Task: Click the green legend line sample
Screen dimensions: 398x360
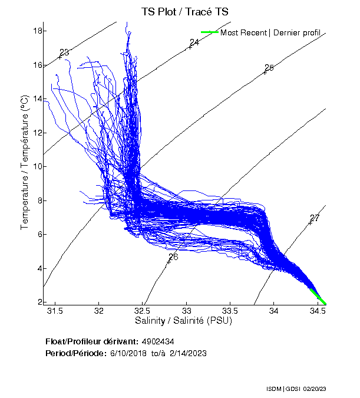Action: point(210,32)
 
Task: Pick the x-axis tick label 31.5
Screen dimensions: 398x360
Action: point(55,311)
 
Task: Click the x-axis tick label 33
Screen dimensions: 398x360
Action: point(187,311)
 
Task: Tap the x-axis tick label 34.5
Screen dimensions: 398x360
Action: point(318,311)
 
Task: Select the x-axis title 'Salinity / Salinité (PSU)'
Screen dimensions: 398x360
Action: point(184,321)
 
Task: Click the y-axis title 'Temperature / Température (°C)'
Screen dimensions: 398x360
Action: point(25,163)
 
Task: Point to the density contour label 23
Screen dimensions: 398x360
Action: point(64,52)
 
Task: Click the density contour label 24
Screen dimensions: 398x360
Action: point(194,42)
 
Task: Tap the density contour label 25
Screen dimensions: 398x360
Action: point(269,68)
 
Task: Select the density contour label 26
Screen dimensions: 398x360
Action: point(173,256)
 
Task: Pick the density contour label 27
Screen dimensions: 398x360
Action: point(315,218)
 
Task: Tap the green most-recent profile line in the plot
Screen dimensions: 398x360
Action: point(317,295)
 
